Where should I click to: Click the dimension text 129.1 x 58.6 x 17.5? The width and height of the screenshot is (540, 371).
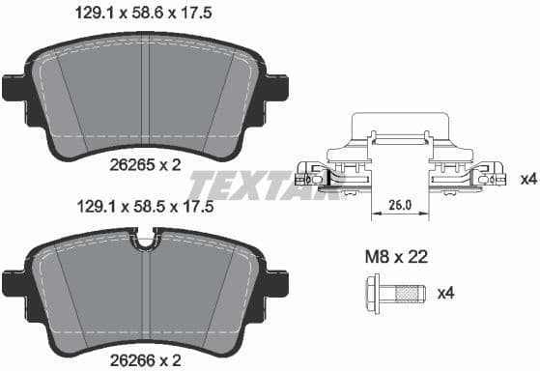pyautogui.click(x=143, y=14)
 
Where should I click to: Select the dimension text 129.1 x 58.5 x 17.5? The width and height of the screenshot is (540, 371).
pyautogui.click(x=143, y=206)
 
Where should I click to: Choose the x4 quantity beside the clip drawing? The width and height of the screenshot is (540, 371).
pyautogui.click(x=527, y=179)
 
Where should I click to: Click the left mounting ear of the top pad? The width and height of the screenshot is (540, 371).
pyautogui.click(x=14, y=88)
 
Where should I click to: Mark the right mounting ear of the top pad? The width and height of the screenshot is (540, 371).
pyautogui.click(x=276, y=88)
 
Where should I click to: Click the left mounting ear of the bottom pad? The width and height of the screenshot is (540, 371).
pyautogui.click(x=14, y=282)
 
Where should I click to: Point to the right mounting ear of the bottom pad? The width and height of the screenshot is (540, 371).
pyautogui.click(x=276, y=282)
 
